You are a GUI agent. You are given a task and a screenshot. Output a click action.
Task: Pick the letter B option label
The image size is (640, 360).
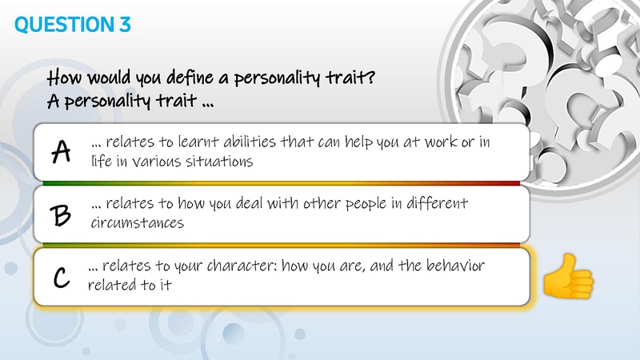pyautogui.click(x=61, y=214)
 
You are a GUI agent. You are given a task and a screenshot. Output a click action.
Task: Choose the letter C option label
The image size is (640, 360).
pyautogui.click(x=61, y=277)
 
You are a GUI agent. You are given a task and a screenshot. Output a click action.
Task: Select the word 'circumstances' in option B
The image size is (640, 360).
pyautogui.click(x=138, y=223)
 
